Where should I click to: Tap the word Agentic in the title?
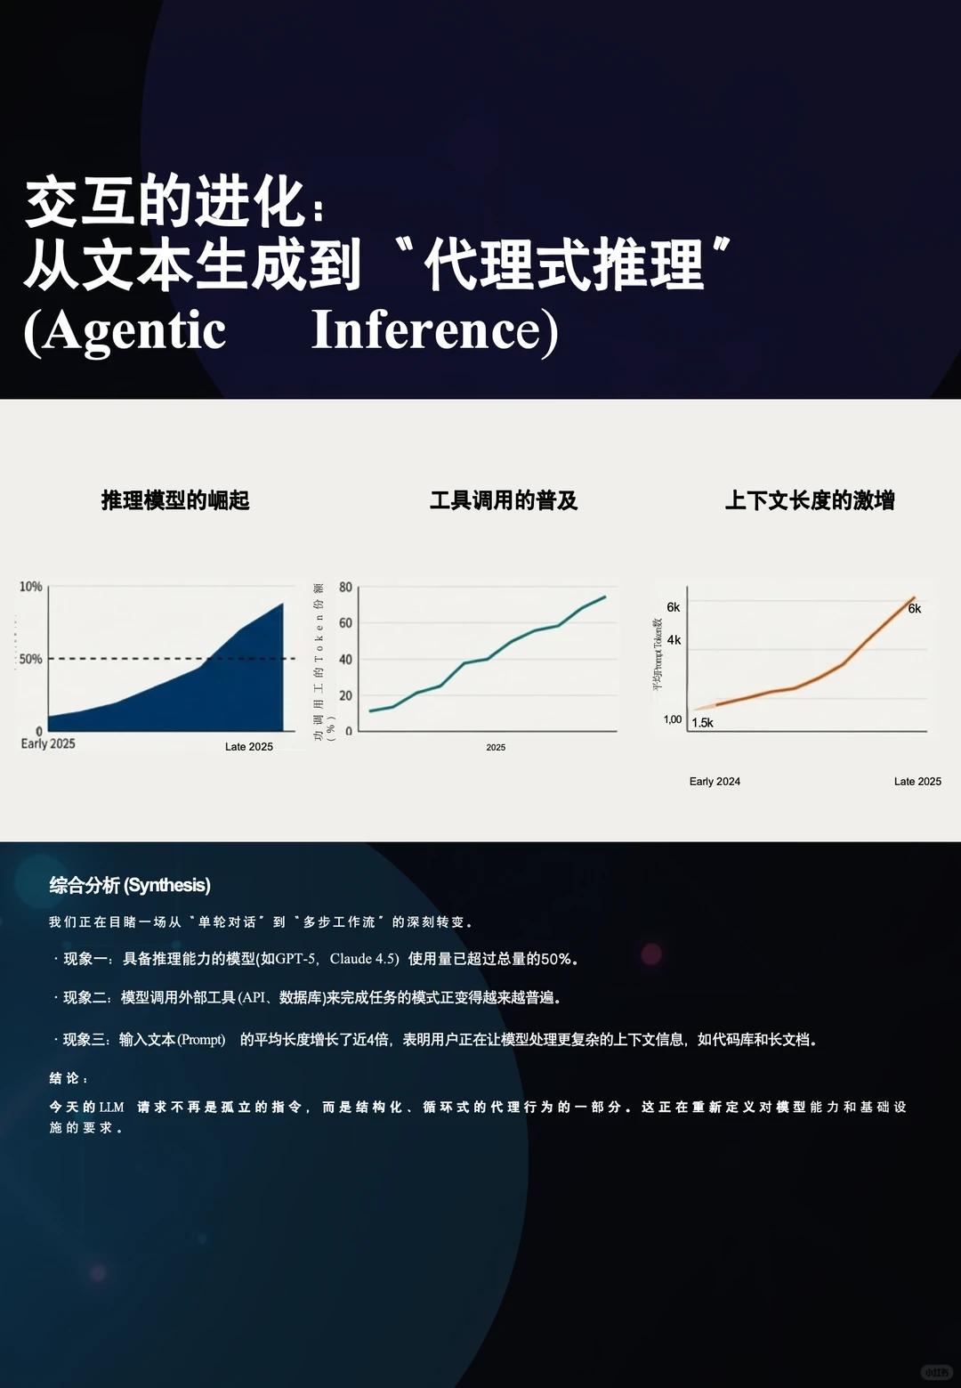pos(133,332)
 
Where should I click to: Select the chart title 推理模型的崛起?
pos(175,500)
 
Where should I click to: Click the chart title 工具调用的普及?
pos(504,500)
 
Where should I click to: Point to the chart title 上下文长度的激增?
pos(810,500)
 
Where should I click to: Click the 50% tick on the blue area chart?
pos(31,659)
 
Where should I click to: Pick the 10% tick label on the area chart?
pos(31,587)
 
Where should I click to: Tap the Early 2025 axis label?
pos(48,743)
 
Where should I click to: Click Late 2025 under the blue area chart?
pos(249,747)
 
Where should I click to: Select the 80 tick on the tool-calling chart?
pos(345,588)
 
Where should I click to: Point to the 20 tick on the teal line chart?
pos(345,695)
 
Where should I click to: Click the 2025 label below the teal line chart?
pos(496,748)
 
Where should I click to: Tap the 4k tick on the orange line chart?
pos(674,640)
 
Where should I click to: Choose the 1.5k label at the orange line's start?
pos(703,723)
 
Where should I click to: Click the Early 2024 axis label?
pos(715,782)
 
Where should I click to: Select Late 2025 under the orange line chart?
pos(917,782)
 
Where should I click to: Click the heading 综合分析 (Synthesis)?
pos(130,885)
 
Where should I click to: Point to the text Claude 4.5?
pos(363,959)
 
